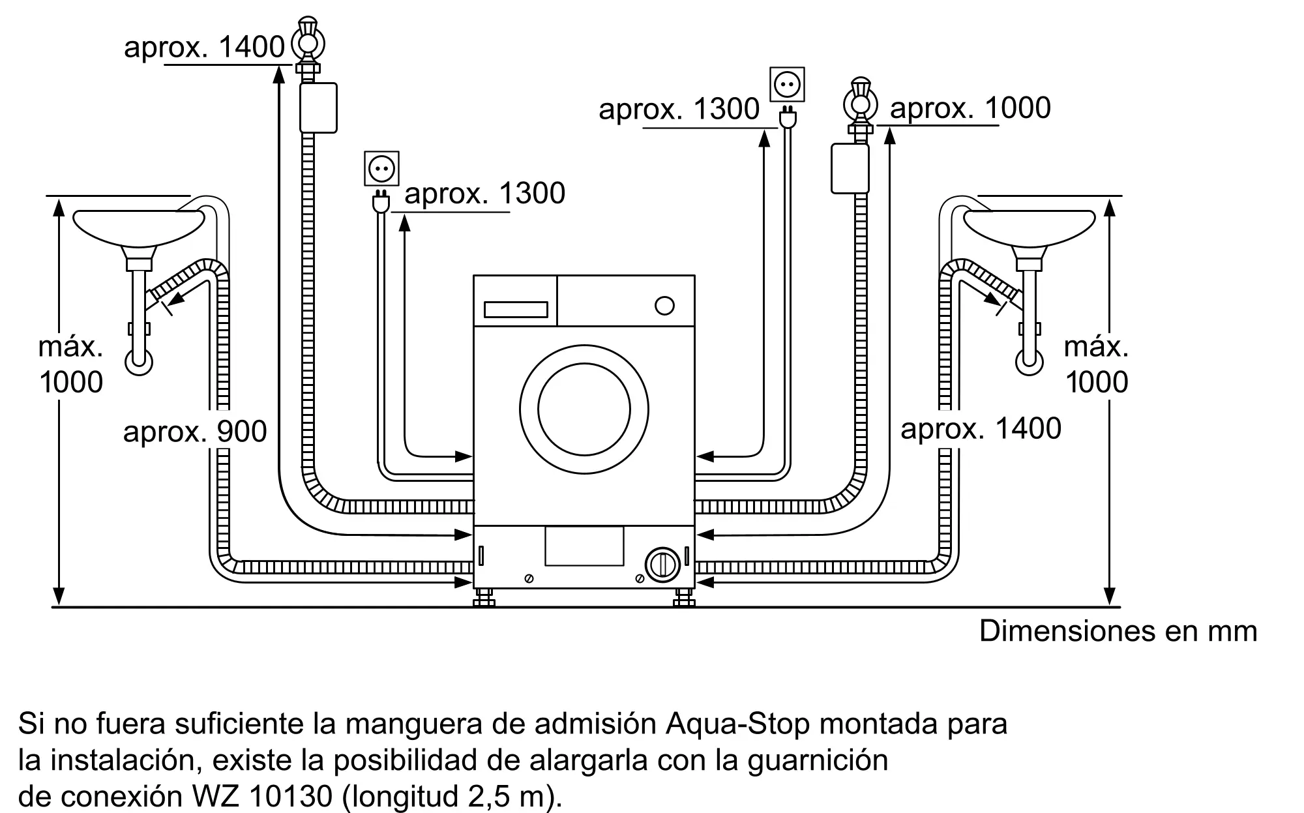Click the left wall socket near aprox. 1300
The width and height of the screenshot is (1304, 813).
381,169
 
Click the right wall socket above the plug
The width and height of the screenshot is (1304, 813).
787,84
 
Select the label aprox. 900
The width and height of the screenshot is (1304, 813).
195,432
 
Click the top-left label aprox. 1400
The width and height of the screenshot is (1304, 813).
204,48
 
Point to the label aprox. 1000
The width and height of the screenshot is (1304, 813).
970,108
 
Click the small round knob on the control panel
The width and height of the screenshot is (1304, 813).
664,306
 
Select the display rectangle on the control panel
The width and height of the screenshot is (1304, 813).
516,310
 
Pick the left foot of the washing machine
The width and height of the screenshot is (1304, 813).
484,598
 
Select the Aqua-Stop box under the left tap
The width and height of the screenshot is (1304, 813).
318,108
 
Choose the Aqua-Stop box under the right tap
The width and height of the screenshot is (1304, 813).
850,168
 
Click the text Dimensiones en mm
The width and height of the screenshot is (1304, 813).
1118,631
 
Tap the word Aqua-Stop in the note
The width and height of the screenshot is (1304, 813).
737,724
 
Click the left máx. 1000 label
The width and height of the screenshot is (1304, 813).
71,364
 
